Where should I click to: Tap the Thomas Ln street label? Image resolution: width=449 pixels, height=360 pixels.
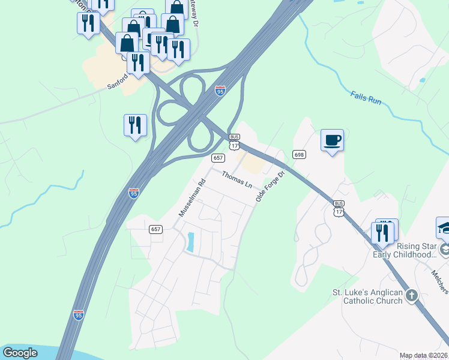point(237,179)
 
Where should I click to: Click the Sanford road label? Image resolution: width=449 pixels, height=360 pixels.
point(118,82)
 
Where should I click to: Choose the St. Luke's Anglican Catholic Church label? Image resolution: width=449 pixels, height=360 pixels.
point(367,296)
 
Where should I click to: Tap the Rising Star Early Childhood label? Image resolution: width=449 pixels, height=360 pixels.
point(405,250)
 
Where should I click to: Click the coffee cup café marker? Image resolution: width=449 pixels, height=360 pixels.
point(332,140)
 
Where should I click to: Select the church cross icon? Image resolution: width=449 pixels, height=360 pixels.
point(411,295)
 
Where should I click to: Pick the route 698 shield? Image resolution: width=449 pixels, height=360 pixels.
point(299,155)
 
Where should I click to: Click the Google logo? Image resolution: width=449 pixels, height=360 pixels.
point(20,352)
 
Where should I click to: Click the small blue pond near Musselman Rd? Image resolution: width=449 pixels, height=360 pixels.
point(190,241)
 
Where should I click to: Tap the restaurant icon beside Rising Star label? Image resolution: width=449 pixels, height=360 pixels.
point(382,232)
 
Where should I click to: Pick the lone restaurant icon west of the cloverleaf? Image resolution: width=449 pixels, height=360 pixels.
point(134,125)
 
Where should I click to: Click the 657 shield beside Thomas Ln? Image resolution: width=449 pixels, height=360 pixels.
point(218,158)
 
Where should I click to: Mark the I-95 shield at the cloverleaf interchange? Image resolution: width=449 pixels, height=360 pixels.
point(220,91)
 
